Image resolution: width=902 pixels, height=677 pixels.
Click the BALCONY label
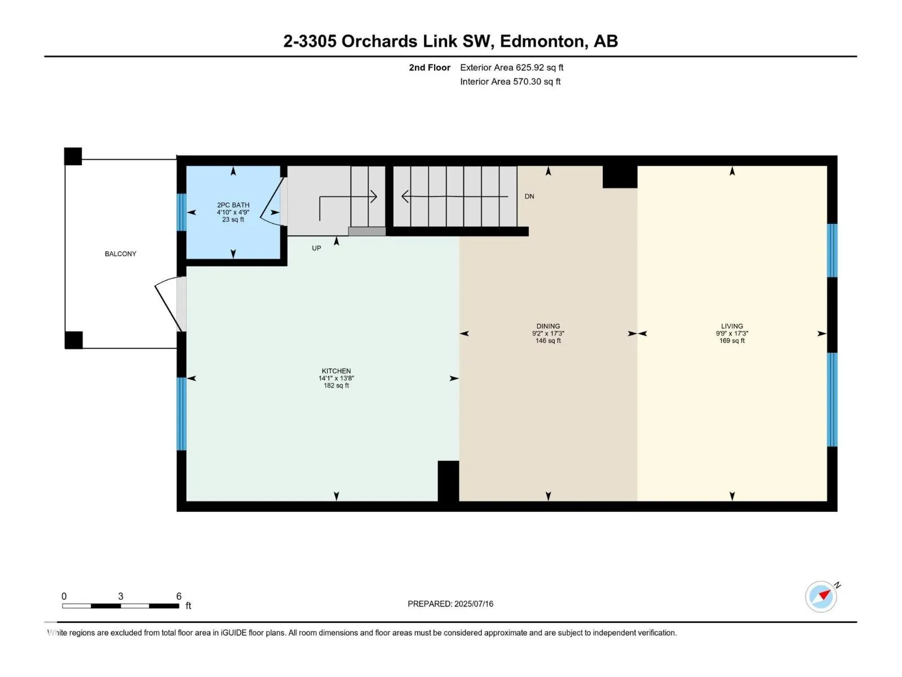point(121,254)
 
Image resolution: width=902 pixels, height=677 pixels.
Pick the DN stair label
point(529,196)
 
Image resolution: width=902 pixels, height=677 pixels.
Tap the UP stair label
point(316,248)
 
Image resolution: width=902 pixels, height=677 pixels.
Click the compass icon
point(821,597)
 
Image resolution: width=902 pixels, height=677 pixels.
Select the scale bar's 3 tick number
point(121,596)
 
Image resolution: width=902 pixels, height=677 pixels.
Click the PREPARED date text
point(450,604)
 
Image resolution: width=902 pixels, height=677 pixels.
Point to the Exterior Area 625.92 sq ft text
point(512,68)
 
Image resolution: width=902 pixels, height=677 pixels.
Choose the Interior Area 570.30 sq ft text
point(510,82)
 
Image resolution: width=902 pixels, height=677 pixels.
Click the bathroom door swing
point(270,201)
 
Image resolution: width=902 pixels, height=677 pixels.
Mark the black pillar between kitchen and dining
point(448,481)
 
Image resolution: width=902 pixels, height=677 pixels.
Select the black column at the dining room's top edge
point(620,177)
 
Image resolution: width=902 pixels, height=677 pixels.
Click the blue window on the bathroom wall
point(181,212)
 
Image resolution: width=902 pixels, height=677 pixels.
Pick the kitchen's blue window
point(181,414)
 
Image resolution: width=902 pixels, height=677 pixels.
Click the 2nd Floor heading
point(430,68)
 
